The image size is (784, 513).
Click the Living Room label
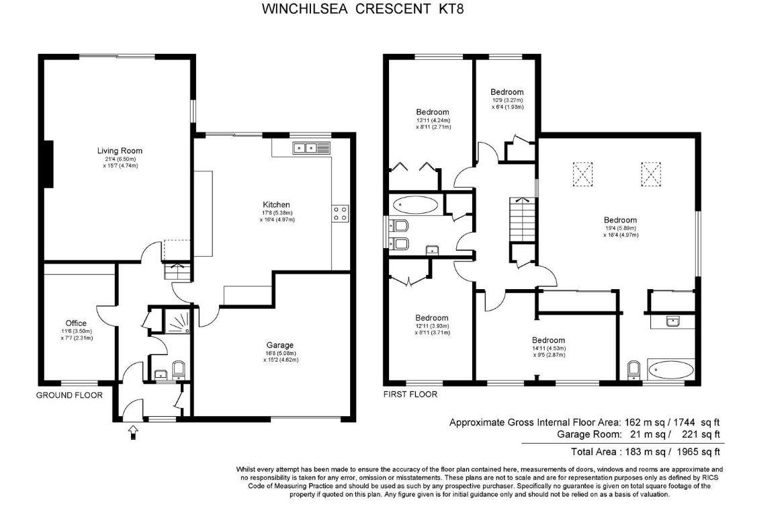tap(120, 151)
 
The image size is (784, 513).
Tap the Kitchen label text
tap(276, 204)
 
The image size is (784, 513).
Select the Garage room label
tap(279, 345)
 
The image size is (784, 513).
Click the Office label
tap(76, 323)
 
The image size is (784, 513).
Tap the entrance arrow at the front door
tap(132, 432)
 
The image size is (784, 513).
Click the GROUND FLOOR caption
tap(69, 395)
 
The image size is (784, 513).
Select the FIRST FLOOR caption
tap(410, 395)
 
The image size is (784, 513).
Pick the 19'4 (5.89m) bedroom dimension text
tap(619, 228)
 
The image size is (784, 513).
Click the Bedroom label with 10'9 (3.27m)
tap(507, 92)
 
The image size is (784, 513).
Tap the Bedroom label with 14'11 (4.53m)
tap(548, 340)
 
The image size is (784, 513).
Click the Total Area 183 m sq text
tap(645, 452)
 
